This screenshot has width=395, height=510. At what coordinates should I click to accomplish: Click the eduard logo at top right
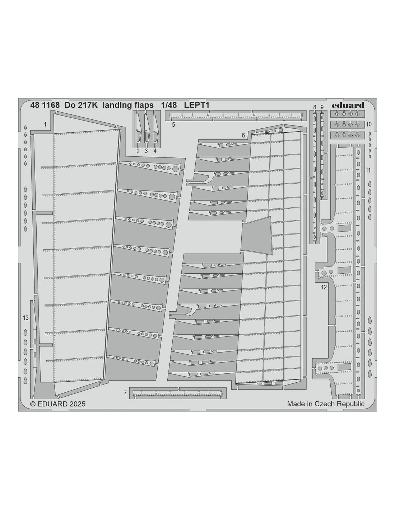coord(348,105)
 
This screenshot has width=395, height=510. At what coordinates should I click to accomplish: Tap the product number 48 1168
coord(45,105)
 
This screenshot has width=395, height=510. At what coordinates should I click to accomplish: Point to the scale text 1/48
coord(169,105)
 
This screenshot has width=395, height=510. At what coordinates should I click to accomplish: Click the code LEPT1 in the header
coord(196,105)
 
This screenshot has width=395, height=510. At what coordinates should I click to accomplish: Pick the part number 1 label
coord(45,124)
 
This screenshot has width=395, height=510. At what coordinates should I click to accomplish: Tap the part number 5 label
coord(173,124)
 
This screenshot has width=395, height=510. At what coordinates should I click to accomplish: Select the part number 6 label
coord(243,135)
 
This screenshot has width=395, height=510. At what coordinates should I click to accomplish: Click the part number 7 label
coord(125,393)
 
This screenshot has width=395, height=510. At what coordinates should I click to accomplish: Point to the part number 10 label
coord(369,124)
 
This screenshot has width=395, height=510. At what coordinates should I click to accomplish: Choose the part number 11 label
coord(368,170)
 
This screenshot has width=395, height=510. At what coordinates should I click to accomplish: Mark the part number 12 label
coord(324,287)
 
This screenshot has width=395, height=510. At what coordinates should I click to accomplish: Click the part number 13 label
coord(25,318)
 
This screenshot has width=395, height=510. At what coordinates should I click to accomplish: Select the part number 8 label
coord(315,107)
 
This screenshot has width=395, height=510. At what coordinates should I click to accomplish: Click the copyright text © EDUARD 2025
coord(58,404)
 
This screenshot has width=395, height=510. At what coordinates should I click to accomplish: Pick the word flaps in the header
coord(144,105)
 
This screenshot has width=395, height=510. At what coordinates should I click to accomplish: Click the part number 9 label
coord(322,107)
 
